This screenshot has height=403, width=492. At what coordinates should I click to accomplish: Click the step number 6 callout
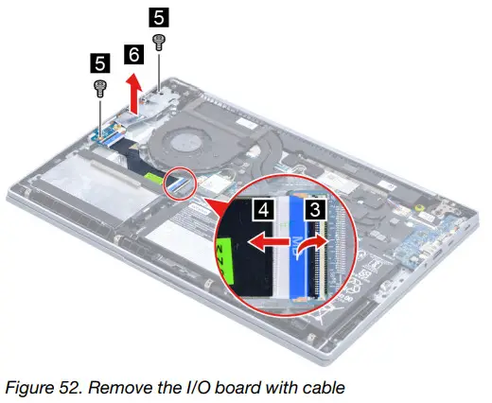point(135,55)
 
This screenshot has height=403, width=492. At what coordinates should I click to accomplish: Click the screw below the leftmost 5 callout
point(98,88)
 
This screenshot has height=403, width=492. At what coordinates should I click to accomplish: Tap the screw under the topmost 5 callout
point(158,40)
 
